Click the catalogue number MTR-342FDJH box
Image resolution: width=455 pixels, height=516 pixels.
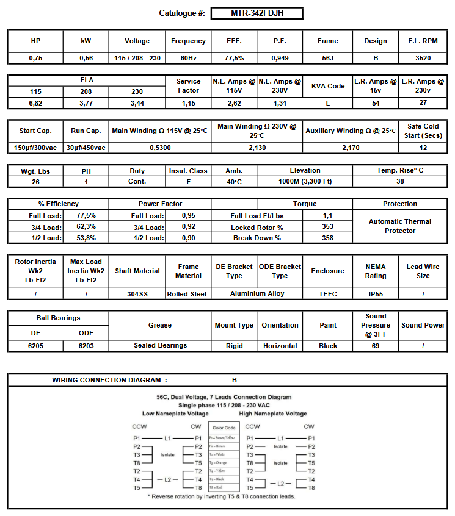(257, 13)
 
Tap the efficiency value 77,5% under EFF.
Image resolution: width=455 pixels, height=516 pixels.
(234, 58)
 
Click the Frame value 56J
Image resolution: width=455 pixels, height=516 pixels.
(328, 58)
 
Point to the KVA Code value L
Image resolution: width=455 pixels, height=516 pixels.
(328, 103)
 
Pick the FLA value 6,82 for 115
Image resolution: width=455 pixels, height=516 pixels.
(35, 103)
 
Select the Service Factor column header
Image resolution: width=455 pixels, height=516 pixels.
(189, 86)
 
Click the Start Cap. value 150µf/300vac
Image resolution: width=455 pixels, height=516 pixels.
(35, 148)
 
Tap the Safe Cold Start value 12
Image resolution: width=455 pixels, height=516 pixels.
(423, 148)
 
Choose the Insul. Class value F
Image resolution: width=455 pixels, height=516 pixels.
(189, 182)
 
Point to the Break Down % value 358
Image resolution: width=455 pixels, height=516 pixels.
(328, 238)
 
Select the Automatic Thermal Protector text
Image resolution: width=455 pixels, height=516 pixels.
(400, 226)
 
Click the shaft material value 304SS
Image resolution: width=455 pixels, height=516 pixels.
(137, 294)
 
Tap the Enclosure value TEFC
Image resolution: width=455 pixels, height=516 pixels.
(328, 294)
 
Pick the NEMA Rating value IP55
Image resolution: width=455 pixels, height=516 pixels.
(376, 294)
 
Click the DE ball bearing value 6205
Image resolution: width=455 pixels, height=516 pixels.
(35, 346)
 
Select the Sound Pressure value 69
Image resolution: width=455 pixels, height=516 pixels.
(376, 346)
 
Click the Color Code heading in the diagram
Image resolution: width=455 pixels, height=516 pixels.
(224, 428)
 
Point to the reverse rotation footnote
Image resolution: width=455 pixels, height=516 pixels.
(222, 496)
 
